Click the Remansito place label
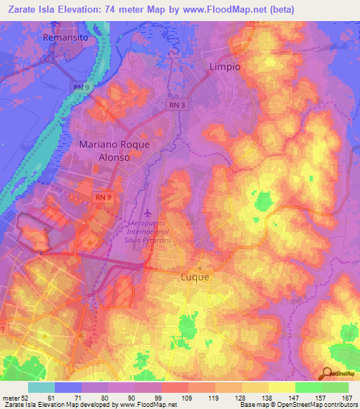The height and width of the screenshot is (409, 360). click(x=67, y=37)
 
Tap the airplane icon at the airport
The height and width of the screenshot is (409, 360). click(x=148, y=212)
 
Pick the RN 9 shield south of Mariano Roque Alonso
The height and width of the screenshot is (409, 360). click(x=103, y=198)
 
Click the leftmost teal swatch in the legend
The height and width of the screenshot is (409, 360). click(x=41, y=387)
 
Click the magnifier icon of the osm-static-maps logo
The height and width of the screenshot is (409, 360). click(x=327, y=373)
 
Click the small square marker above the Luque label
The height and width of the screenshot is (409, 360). click(x=200, y=268)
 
